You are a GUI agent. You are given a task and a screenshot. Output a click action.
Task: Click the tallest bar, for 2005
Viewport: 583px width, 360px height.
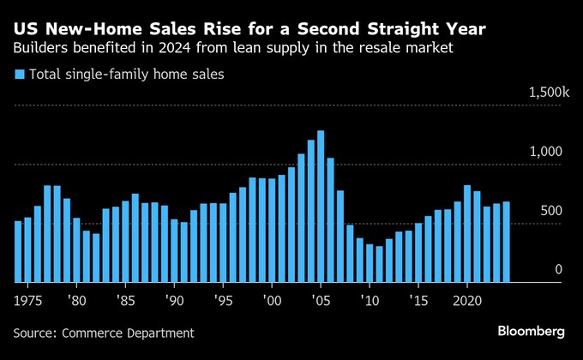tap(321, 207)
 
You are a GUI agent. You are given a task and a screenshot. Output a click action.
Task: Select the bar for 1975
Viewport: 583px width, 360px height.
tap(28, 250)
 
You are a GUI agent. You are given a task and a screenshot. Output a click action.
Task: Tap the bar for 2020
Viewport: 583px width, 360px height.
tap(467, 233)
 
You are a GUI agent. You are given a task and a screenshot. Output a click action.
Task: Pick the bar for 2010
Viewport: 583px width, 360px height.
tap(370, 263)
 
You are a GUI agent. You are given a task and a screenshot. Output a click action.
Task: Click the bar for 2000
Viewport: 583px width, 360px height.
tap(272, 231)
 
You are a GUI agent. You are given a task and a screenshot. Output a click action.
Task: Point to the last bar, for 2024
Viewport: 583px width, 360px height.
tap(506, 242)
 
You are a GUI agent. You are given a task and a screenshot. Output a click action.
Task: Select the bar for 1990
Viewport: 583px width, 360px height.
tap(174, 251)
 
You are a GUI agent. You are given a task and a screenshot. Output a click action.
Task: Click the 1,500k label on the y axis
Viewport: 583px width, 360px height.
tap(549, 93)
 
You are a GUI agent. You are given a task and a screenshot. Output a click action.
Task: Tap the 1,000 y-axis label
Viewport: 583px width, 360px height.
tap(546, 152)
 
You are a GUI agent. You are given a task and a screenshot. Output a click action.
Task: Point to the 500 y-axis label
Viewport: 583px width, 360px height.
tap(551, 211)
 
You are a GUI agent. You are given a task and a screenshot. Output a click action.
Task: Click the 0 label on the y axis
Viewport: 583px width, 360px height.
tap(558, 270)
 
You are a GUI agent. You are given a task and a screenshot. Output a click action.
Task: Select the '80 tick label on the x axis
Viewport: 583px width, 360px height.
tap(76, 301)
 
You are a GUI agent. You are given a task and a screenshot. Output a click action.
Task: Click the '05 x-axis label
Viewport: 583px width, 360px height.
tap(321, 301)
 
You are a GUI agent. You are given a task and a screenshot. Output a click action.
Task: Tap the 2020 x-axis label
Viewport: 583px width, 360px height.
tap(467, 301)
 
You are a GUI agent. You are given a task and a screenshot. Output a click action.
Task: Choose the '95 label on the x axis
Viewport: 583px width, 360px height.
tap(223, 301)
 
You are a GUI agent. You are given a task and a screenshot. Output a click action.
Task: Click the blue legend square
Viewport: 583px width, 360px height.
tap(20, 75)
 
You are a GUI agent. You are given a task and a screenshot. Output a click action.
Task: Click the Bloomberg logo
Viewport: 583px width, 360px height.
tap(531, 332)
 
